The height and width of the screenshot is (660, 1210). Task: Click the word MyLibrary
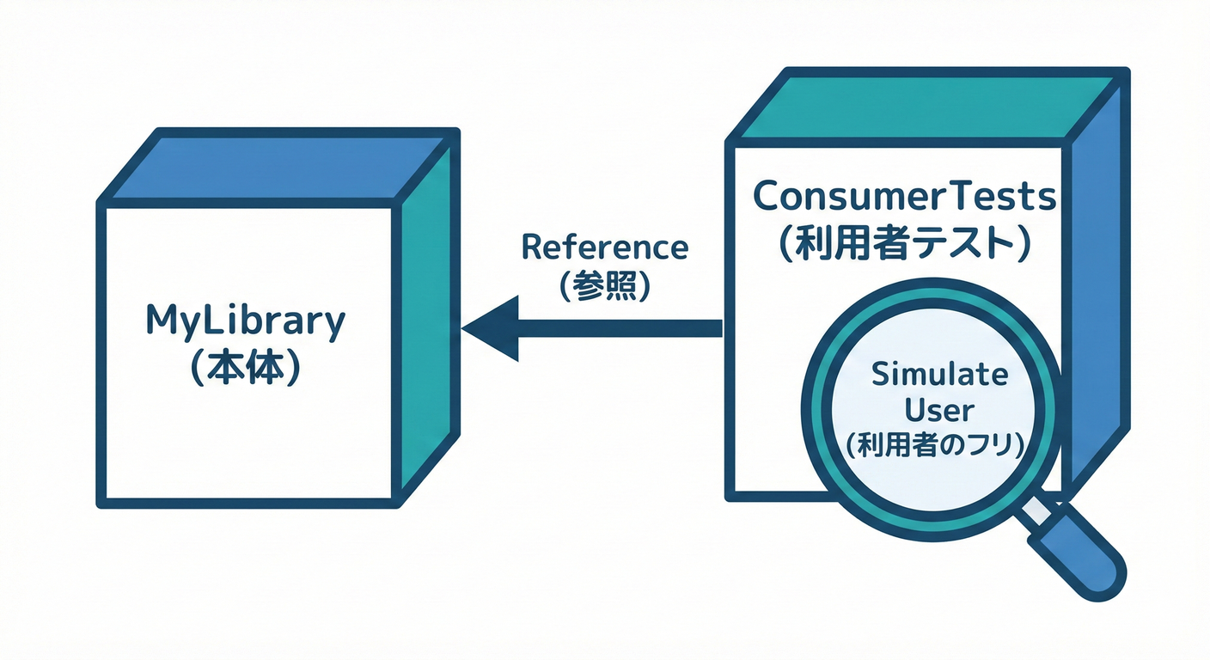(x=245, y=323)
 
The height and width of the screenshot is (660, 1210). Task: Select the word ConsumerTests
(x=904, y=197)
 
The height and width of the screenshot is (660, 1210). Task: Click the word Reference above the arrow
(x=604, y=247)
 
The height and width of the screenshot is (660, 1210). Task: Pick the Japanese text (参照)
(x=604, y=286)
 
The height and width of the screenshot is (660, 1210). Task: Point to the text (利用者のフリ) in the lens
(x=938, y=446)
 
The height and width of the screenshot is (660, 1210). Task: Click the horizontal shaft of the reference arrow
(x=619, y=327)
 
